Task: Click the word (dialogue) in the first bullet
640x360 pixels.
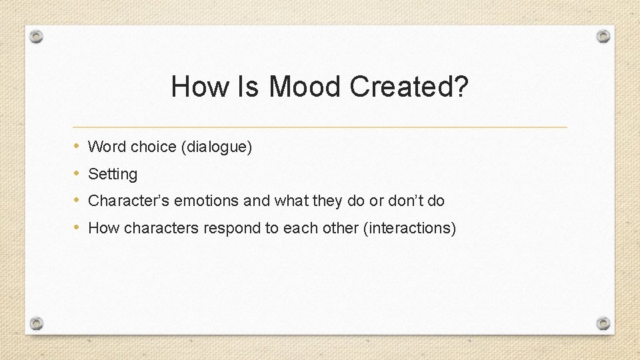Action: tap(217, 147)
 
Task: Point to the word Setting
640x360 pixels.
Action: tap(113, 174)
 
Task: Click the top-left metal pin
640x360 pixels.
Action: tap(37, 36)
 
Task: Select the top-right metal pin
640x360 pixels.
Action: tap(603, 36)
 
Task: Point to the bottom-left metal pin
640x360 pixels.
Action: tap(37, 323)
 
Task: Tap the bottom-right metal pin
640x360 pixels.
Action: tap(603, 323)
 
